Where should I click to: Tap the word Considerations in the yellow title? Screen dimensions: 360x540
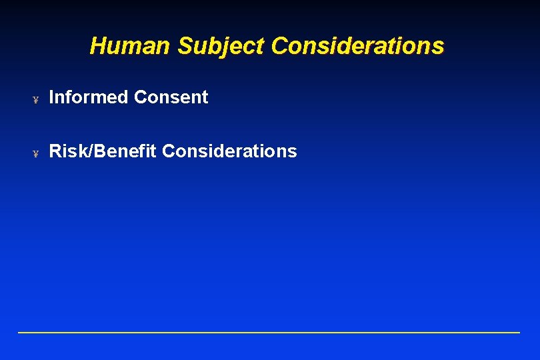[357, 46]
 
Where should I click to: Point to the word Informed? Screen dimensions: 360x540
[89, 97]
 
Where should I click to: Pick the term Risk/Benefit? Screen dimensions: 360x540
[103, 151]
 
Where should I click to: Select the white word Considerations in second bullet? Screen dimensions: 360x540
[229, 151]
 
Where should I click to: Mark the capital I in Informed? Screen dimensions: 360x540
[52, 97]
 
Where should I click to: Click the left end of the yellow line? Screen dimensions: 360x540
[19, 332]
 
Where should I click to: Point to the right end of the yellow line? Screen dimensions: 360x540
[518, 332]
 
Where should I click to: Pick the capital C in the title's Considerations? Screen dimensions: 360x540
[280, 46]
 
